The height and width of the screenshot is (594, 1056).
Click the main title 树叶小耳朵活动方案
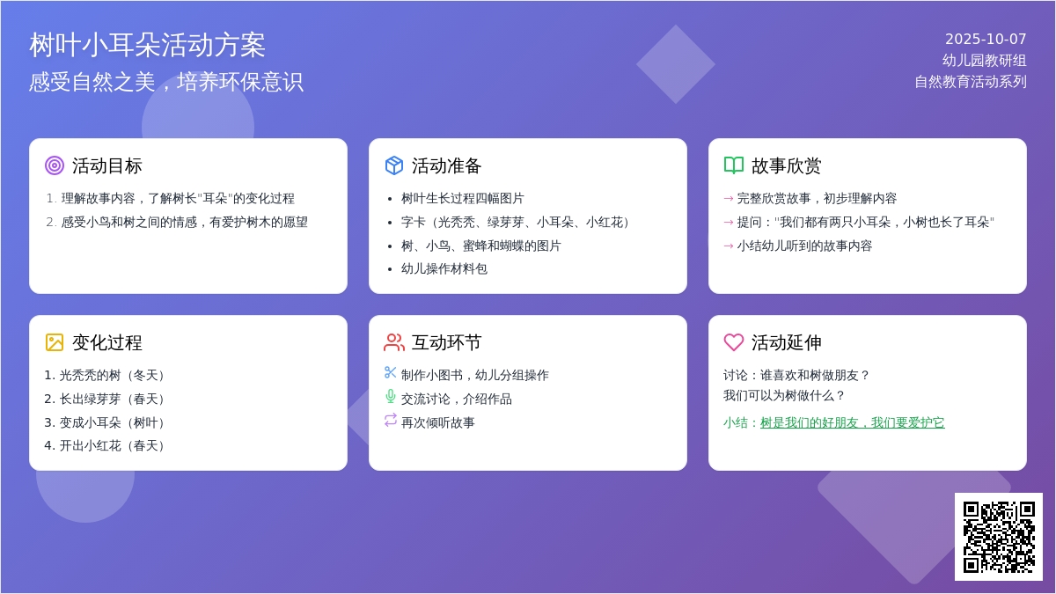(x=147, y=45)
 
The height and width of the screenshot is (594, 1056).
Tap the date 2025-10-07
(x=986, y=39)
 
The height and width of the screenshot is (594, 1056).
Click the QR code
(x=999, y=537)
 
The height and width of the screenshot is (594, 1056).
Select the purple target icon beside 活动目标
(x=55, y=165)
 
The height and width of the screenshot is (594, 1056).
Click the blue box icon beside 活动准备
(x=394, y=165)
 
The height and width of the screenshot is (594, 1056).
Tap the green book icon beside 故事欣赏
(x=734, y=165)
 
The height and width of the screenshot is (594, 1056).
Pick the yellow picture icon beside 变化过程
(x=55, y=342)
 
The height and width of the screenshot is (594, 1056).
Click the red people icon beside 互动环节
(x=394, y=342)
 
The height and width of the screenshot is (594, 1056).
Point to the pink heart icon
(x=734, y=342)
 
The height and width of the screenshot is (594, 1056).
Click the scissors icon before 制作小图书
(x=391, y=372)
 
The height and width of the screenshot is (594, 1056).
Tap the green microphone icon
(x=391, y=397)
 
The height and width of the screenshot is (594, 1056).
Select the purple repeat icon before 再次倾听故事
(x=391, y=420)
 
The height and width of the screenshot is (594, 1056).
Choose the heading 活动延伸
(x=787, y=342)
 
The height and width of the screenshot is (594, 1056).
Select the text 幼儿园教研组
(x=985, y=61)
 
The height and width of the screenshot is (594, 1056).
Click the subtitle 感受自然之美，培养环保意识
(x=166, y=82)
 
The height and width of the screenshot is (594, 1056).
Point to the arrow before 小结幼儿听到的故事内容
(x=729, y=246)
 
